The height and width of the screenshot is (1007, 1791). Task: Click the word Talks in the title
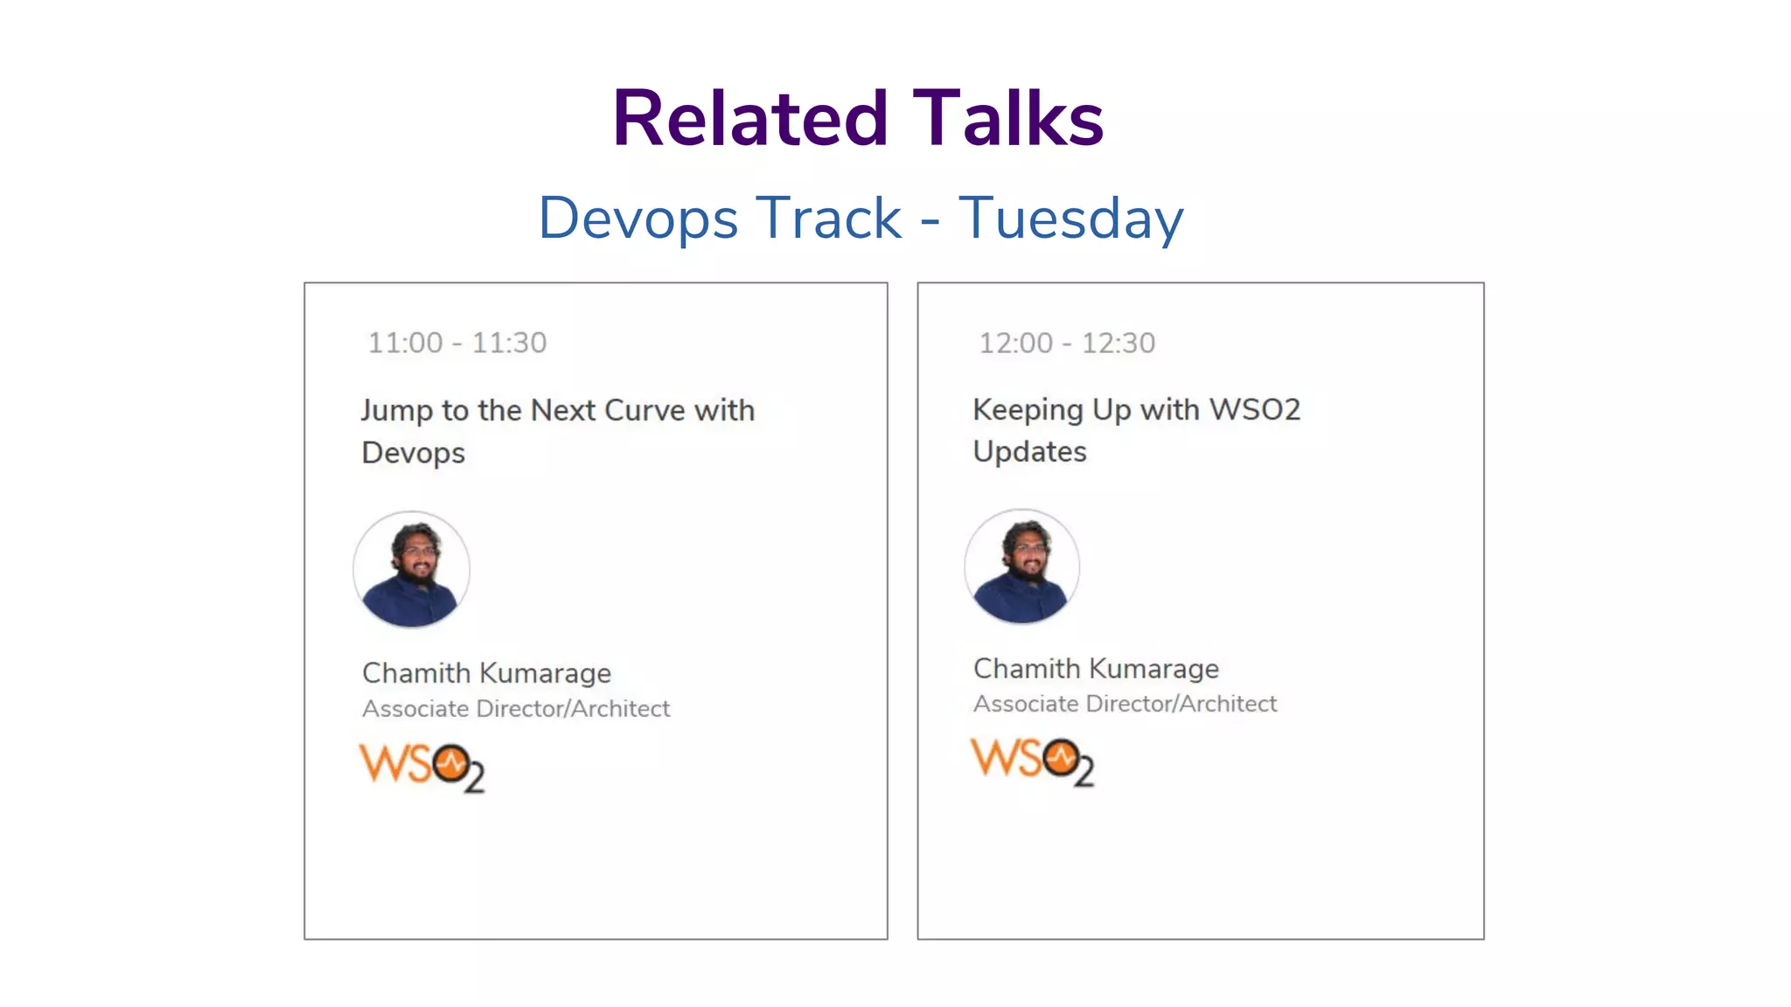click(x=1008, y=119)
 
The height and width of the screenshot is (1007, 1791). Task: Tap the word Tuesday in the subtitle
click(x=1070, y=218)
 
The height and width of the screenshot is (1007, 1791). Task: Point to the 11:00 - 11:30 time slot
click(x=457, y=343)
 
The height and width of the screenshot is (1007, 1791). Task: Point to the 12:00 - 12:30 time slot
click(x=1067, y=343)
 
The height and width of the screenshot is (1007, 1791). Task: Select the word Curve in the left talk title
click(x=645, y=410)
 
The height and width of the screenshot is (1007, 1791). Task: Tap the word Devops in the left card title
click(x=414, y=453)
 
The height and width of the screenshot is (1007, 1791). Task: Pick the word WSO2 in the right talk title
click(x=1255, y=409)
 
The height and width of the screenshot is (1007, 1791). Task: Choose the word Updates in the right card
click(x=1030, y=452)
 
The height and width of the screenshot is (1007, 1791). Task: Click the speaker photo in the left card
click(x=411, y=569)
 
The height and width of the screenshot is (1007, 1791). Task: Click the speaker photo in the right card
click(x=1021, y=566)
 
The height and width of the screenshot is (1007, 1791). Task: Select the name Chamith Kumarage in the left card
click(x=486, y=673)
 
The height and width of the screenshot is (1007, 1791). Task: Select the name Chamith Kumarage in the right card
click(x=1096, y=669)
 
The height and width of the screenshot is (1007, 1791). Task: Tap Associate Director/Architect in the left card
click(x=516, y=709)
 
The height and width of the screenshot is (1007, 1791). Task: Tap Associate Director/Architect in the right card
click(x=1125, y=704)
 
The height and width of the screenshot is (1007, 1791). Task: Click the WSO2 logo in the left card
click(x=422, y=767)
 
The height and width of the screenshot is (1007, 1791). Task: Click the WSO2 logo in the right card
click(x=1032, y=761)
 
